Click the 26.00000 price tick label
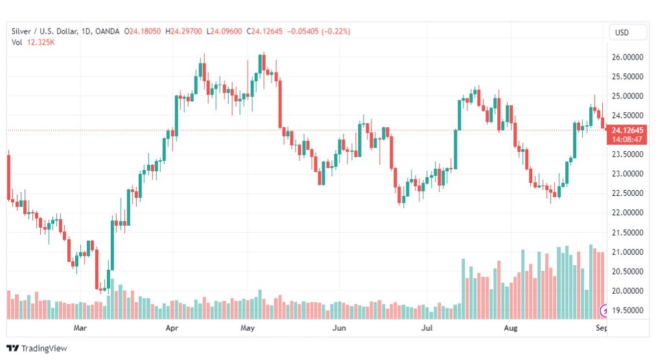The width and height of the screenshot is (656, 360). (627, 57)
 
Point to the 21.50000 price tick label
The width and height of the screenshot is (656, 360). (627, 232)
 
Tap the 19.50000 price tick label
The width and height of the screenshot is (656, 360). (627, 310)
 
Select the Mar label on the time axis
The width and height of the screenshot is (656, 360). (80, 328)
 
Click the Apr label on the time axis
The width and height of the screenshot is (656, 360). (172, 328)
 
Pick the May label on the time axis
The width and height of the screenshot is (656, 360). (247, 328)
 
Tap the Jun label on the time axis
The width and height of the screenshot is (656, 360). (339, 328)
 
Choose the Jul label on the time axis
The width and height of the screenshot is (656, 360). (427, 328)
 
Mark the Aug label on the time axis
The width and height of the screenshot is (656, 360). (510, 328)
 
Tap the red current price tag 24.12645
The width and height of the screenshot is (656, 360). (627, 130)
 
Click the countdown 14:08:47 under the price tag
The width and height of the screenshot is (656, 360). (627, 139)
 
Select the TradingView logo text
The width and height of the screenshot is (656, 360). (44, 348)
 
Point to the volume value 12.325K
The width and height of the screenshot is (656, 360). (41, 42)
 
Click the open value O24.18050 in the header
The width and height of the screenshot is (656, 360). (142, 31)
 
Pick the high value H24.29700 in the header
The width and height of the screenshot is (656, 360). (183, 31)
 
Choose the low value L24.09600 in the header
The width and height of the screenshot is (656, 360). (224, 31)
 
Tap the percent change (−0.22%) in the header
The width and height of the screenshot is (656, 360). (336, 31)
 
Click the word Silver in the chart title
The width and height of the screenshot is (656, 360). (21, 31)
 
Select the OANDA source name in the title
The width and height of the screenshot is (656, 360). (107, 31)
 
